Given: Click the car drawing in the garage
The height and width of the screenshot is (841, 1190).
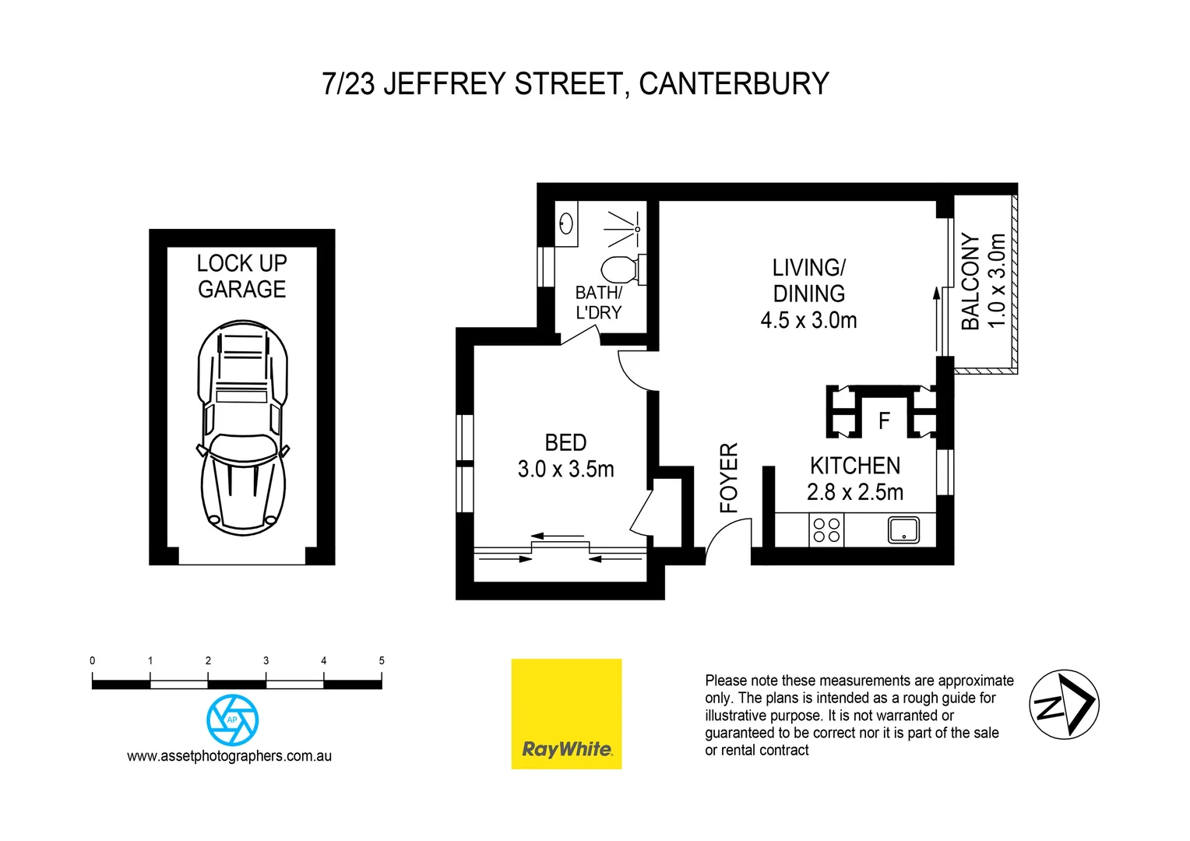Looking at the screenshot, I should pyautogui.click(x=242, y=428).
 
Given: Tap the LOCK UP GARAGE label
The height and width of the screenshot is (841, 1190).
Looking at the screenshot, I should pyautogui.click(x=242, y=276).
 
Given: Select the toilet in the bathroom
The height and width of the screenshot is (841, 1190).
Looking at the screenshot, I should pyautogui.click(x=620, y=269).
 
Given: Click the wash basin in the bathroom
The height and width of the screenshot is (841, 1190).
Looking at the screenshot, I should pyautogui.click(x=567, y=223).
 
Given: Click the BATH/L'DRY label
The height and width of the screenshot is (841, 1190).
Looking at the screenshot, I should pyautogui.click(x=598, y=302).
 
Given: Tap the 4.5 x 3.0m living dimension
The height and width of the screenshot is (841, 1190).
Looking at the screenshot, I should pyautogui.click(x=808, y=320).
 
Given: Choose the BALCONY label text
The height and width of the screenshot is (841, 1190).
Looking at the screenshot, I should pyautogui.click(x=970, y=281).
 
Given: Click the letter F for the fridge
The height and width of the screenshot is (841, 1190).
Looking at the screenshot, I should pyautogui.click(x=884, y=421).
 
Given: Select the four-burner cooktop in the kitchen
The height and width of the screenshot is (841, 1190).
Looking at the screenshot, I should pyautogui.click(x=826, y=530).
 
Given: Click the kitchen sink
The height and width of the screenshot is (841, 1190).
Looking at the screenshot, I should pyautogui.click(x=903, y=530).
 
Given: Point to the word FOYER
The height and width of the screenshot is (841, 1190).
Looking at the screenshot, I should pyautogui.click(x=729, y=477).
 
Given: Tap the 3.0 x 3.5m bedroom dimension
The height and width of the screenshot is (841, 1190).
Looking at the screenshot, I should pyautogui.click(x=566, y=469).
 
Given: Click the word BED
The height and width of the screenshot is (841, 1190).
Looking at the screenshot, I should pyautogui.click(x=566, y=442).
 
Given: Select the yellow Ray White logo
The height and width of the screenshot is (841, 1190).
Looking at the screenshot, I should pyautogui.click(x=566, y=714).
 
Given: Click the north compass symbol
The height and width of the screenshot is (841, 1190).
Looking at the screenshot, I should pyautogui.click(x=1064, y=704).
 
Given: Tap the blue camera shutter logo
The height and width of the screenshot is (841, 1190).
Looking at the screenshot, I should pyautogui.click(x=232, y=720).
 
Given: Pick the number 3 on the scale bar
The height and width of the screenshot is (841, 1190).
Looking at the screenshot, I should pyautogui.click(x=266, y=660).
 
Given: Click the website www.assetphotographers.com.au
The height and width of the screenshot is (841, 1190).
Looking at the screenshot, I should pyautogui.click(x=230, y=756).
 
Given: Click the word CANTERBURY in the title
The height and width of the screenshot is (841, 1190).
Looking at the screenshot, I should pyautogui.click(x=734, y=84).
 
